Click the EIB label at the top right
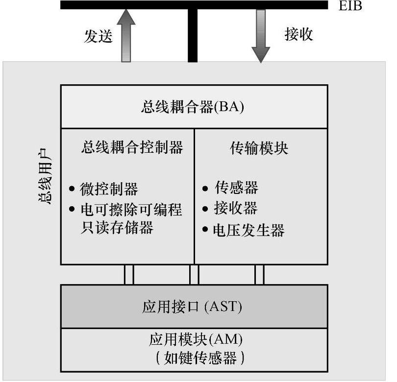[351, 6]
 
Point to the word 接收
[298, 34]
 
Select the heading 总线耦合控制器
[132, 147]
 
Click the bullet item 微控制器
[109, 189]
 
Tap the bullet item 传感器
[236, 188]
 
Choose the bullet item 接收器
[236, 209]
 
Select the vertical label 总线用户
[44, 181]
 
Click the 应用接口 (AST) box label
[192, 307]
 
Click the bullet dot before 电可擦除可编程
[72, 210]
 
